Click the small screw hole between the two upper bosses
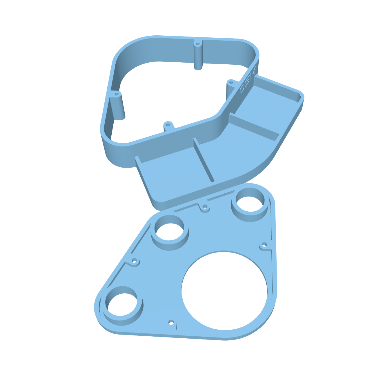click(205, 207)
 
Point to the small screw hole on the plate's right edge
click(264, 245)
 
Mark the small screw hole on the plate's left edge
click(134, 261)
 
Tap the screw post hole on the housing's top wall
click(198, 45)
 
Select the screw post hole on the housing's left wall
click(117, 95)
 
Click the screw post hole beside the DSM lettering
click(231, 82)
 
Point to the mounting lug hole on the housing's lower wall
click(168, 125)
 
